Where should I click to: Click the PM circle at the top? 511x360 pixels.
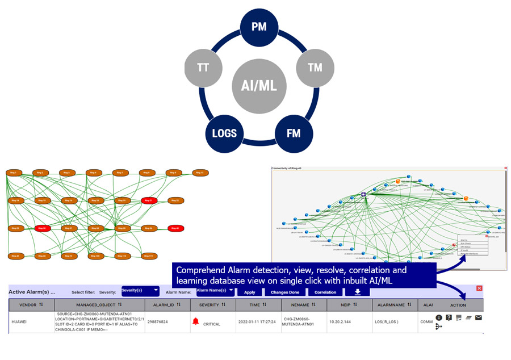[259, 27]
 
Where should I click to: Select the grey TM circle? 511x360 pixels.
[315, 68]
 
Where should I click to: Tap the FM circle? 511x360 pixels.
[294, 134]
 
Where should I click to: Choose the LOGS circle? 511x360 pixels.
[224, 134]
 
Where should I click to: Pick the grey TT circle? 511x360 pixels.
[203, 68]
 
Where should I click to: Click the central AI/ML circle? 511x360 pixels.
[259, 85]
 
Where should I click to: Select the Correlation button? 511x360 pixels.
[325, 292]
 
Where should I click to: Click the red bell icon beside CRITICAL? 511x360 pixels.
[196, 321]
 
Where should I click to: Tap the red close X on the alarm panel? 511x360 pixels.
[479, 288]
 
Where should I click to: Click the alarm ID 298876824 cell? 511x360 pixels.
[160, 322]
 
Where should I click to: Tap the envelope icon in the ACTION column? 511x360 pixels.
[478, 317]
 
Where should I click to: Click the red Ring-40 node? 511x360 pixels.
[175, 228]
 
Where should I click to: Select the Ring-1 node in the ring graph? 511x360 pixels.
[13, 173]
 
